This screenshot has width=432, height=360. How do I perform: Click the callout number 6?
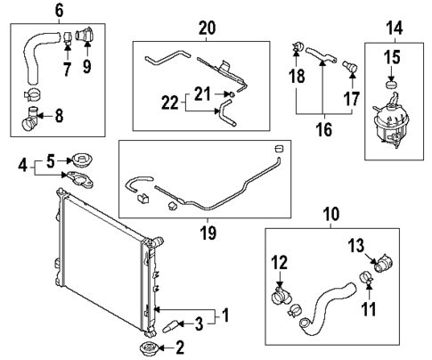59,10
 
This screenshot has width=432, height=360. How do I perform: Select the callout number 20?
208,28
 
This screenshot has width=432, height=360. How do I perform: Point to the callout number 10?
330,216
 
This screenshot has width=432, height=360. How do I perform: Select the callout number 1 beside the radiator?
226,315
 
